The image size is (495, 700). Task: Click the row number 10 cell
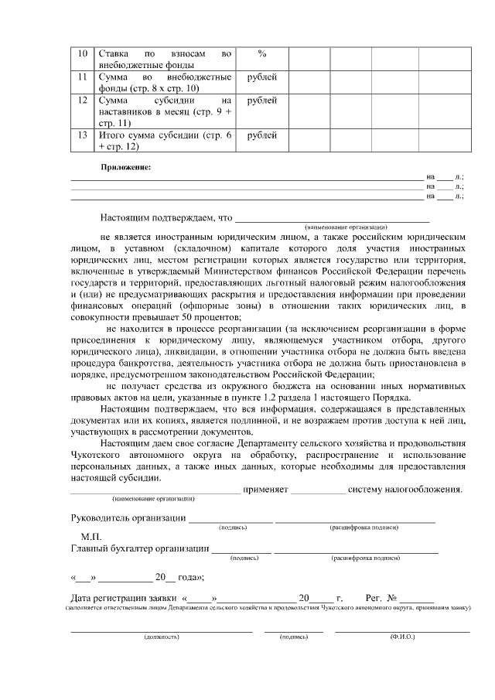[x=83, y=53]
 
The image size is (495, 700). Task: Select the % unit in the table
[x=261, y=53]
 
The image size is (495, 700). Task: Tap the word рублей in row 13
[x=261, y=135]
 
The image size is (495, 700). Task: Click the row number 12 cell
[x=83, y=101]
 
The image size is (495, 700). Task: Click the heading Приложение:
[x=125, y=167]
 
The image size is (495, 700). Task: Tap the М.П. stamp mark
[x=91, y=535]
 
